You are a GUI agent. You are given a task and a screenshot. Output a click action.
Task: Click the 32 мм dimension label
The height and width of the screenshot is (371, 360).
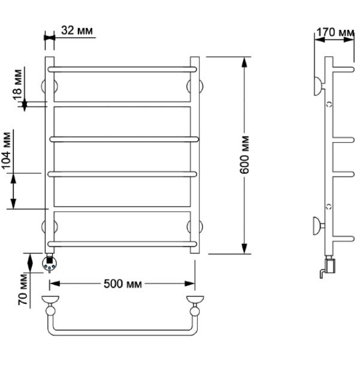(x=77, y=31)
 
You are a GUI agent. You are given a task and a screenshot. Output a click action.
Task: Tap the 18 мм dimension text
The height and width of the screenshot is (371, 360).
(x=17, y=85)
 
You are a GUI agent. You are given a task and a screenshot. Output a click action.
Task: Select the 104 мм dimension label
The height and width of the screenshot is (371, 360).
(x=7, y=150)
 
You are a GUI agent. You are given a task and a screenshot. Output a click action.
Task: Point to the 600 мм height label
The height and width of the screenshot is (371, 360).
(x=244, y=155)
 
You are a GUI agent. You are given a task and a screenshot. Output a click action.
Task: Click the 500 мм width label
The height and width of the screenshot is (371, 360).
(x=123, y=283)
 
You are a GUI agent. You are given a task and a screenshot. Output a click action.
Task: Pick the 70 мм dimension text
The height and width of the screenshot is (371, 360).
(x=23, y=289)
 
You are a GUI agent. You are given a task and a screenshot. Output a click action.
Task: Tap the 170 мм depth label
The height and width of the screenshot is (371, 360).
(x=335, y=32)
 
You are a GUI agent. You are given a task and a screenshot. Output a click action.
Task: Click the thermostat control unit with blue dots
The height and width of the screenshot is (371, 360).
(x=50, y=263)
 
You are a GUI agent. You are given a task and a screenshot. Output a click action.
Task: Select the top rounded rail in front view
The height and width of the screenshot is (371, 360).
(x=122, y=70)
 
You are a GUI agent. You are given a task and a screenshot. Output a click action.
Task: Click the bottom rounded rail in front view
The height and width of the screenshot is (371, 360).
(x=122, y=244)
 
